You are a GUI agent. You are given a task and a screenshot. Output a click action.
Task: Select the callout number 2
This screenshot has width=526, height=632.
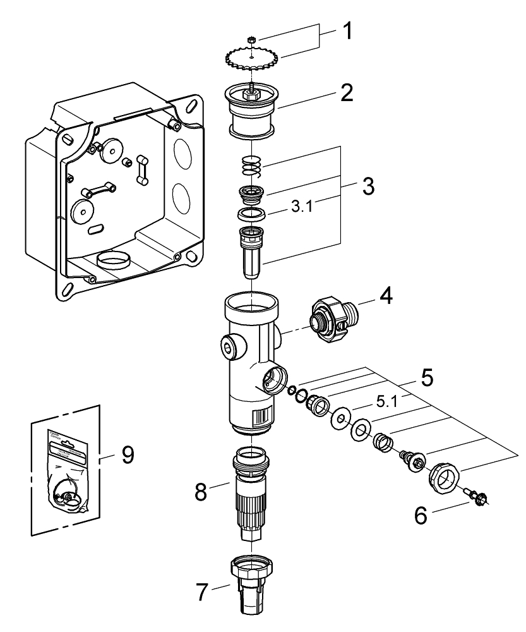[x=345, y=93]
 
